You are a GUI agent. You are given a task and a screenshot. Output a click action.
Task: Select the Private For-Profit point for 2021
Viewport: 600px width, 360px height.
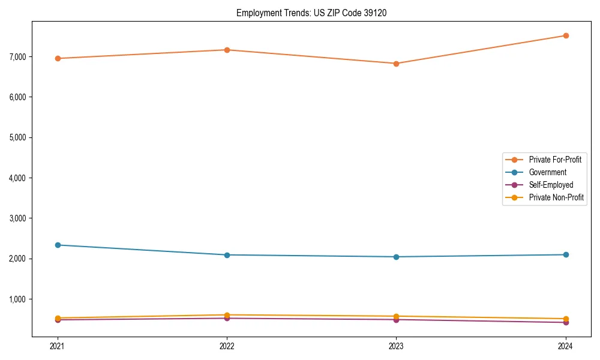[58, 58]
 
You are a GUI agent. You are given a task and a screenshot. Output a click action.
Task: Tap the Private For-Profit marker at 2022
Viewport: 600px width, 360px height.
[227, 50]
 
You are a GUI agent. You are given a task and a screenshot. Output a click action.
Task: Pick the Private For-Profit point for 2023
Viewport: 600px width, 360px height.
[396, 64]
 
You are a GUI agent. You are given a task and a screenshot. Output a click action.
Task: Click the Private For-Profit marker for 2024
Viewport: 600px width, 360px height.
[565, 35]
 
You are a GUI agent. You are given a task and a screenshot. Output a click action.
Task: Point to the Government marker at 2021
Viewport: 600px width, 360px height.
[58, 245]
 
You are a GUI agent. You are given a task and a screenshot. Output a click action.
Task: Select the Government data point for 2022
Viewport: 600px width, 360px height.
[227, 255]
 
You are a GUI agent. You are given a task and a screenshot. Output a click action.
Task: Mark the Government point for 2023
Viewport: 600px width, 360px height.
[396, 257]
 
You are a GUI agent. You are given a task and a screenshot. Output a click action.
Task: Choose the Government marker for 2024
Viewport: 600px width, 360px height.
[565, 255]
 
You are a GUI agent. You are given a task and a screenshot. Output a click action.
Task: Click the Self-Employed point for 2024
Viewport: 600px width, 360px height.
[565, 323]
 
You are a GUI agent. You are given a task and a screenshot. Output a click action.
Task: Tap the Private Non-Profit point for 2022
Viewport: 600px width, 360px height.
[227, 314]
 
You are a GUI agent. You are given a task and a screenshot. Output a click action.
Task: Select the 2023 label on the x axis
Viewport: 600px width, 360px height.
[396, 346]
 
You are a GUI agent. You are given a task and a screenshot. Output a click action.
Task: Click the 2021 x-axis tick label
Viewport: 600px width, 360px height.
[58, 346]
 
